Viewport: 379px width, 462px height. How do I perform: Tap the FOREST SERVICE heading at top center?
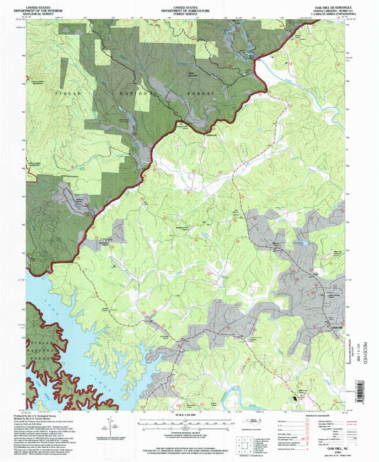point(188,11)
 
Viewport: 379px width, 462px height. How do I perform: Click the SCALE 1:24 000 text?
point(188,414)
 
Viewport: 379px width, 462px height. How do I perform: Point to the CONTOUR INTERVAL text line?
point(188,434)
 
